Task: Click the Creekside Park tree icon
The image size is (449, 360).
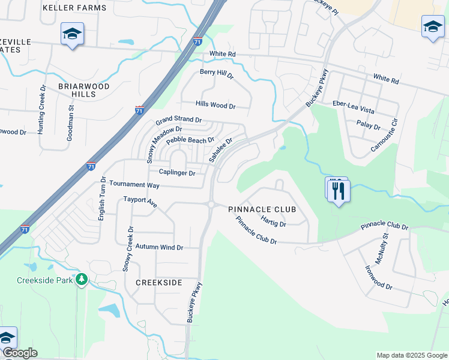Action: (82, 280)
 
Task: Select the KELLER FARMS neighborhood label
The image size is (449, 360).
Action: (75, 8)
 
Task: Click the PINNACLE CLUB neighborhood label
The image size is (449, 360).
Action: (262, 209)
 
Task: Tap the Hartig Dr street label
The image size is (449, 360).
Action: (273, 221)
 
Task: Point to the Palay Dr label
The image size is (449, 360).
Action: (369, 127)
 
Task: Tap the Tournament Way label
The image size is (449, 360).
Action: (134, 185)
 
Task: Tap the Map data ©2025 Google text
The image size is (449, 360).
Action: (412, 355)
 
